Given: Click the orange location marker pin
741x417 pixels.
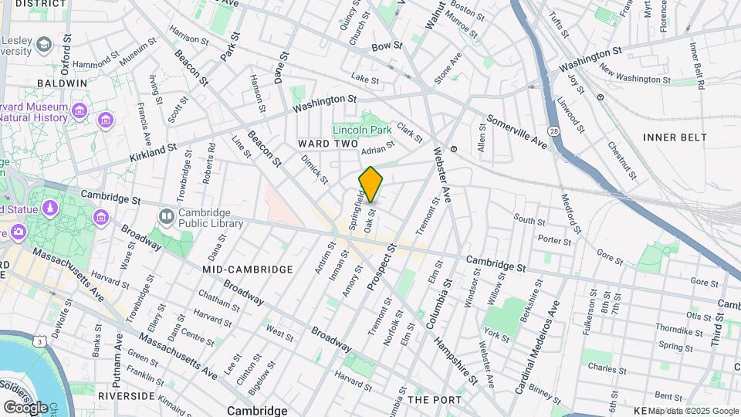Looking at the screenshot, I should click(x=370, y=184).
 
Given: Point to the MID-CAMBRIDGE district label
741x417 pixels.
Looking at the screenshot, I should click(x=247, y=270).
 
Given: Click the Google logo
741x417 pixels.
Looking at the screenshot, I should click(x=25, y=407).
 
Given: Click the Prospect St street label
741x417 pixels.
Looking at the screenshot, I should click(x=381, y=267).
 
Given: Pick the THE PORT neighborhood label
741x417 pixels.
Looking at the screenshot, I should click(x=434, y=400).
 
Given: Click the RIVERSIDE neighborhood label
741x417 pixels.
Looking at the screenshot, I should click(x=127, y=395).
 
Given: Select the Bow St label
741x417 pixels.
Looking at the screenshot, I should click(x=387, y=46).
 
